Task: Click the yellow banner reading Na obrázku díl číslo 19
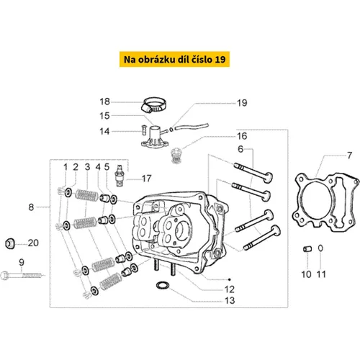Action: tap(174, 59)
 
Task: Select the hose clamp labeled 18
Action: tap(153, 105)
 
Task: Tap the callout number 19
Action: tap(242, 103)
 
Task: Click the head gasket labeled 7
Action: tap(325, 202)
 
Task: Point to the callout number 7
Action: tap(349, 156)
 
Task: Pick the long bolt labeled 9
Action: tap(23, 275)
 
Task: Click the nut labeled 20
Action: tap(10, 243)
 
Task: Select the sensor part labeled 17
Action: tap(120, 176)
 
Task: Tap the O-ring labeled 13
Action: tap(163, 285)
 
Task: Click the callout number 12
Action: tap(229, 289)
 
